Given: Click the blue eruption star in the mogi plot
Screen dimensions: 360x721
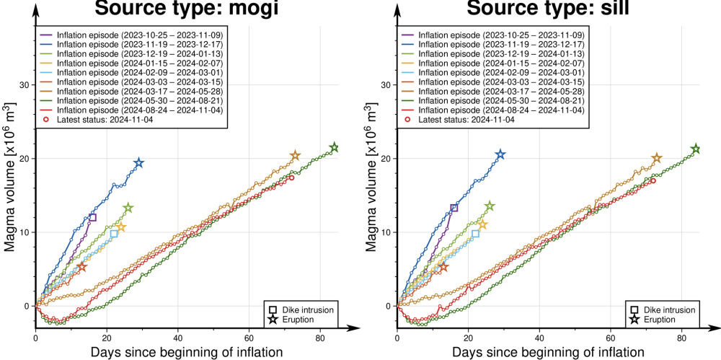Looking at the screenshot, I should click(139, 164).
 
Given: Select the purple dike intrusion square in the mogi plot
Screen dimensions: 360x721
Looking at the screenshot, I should click(92, 217).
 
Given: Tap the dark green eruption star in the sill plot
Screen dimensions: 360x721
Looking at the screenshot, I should click(696, 149).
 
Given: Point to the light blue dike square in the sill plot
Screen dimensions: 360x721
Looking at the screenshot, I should click(475, 233).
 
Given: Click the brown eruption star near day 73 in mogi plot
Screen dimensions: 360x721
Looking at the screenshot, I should click(295, 156).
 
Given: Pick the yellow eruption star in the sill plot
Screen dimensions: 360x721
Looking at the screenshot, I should click(482, 224).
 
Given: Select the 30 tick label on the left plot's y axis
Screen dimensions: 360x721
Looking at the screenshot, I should click(24, 85).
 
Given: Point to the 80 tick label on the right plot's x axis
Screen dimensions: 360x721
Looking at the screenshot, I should click(681, 336).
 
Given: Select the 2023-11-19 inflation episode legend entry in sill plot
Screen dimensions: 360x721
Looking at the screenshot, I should click(501, 45).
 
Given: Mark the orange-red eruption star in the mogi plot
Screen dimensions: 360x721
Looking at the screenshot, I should click(81, 267).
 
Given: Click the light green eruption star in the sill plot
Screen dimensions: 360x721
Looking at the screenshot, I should click(490, 206).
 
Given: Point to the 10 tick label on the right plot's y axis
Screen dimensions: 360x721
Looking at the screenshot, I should click(385, 232).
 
